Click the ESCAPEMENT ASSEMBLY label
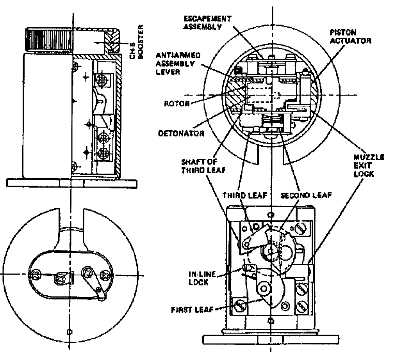(x=207, y=23)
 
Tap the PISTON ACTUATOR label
(x=351, y=37)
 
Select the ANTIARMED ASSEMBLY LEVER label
(x=178, y=64)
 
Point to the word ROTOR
(x=177, y=103)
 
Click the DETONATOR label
(x=181, y=133)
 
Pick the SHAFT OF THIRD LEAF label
(x=203, y=166)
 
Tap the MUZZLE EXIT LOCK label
(x=369, y=166)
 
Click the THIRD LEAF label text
(x=244, y=196)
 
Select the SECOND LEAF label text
(x=306, y=196)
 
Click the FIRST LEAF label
(x=192, y=310)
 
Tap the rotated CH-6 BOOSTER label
(x=136, y=42)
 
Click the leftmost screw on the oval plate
(x=35, y=275)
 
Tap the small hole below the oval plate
(x=69, y=332)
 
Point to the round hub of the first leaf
(x=264, y=289)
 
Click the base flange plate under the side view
(x=72, y=183)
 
